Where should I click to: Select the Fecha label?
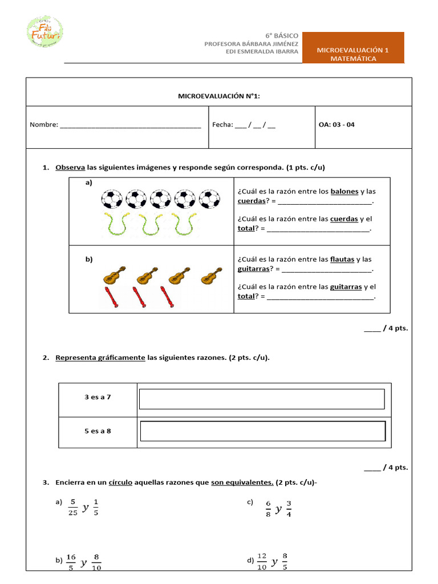click(222, 125)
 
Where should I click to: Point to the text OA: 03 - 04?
click(336, 125)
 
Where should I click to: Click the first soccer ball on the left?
click(112, 199)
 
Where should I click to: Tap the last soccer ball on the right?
click(210, 199)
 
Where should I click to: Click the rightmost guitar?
click(212, 275)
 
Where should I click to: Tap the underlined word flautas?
click(342, 259)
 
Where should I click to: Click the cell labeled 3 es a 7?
click(98, 397)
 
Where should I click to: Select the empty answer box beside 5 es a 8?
click(262, 431)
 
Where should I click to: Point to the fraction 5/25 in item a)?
click(72, 507)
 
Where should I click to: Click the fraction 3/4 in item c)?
click(289, 508)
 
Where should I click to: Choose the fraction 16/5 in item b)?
click(71, 562)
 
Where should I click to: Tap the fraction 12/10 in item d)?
click(262, 562)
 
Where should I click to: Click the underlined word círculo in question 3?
click(120, 482)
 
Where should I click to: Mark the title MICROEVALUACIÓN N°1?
click(219, 96)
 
